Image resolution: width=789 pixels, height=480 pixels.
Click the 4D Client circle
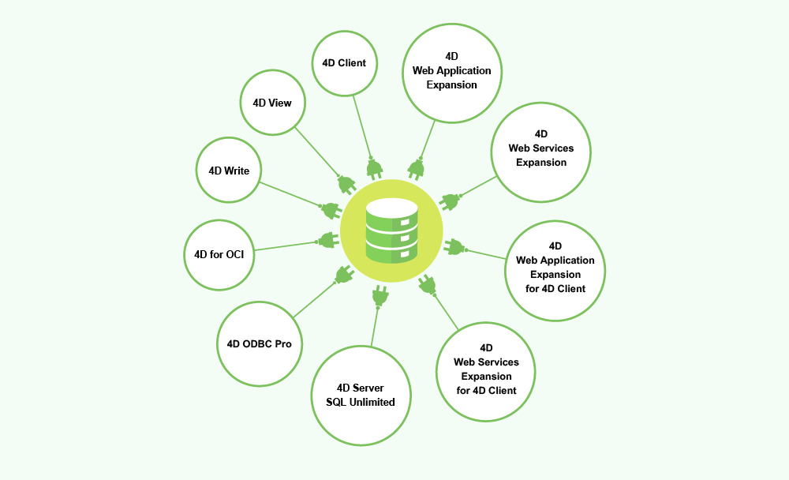click(344, 62)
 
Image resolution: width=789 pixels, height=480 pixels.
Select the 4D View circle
click(272, 103)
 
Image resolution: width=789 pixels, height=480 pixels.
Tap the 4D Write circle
click(229, 170)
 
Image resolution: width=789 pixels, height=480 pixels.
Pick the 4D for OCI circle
click(219, 254)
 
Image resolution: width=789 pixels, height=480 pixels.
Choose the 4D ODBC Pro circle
click(260, 343)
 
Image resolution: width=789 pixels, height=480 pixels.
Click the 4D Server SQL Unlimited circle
click(361, 395)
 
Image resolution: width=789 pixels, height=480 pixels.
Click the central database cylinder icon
click(391, 231)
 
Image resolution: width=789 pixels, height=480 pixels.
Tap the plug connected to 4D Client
click(374, 167)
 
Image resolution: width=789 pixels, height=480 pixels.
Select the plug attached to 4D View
click(346, 184)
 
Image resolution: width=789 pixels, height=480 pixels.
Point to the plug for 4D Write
click(330, 210)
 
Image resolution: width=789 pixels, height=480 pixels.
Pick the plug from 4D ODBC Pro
click(342, 275)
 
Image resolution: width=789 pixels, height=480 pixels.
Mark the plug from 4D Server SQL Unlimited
click(380, 296)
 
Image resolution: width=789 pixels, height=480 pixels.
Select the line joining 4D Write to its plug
click(288, 194)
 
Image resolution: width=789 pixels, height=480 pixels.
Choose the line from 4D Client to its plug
click(361, 126)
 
